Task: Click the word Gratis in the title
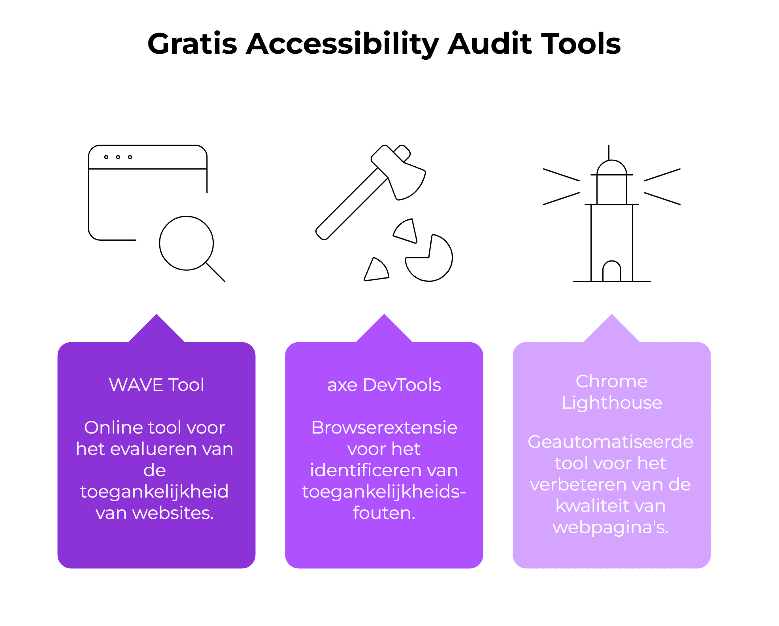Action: coord(192,44)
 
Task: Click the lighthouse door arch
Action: coord(611,261)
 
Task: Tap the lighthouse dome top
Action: coord(611,161)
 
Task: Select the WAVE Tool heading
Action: coord(157,385)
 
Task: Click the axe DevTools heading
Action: coord(384,385)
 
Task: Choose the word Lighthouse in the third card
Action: coord(612,403)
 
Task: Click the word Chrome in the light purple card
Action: coord(612,381)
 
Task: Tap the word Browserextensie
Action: coord(384,427)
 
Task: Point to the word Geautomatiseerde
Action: coord(611,441)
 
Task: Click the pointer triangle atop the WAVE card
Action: coord(157,328)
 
